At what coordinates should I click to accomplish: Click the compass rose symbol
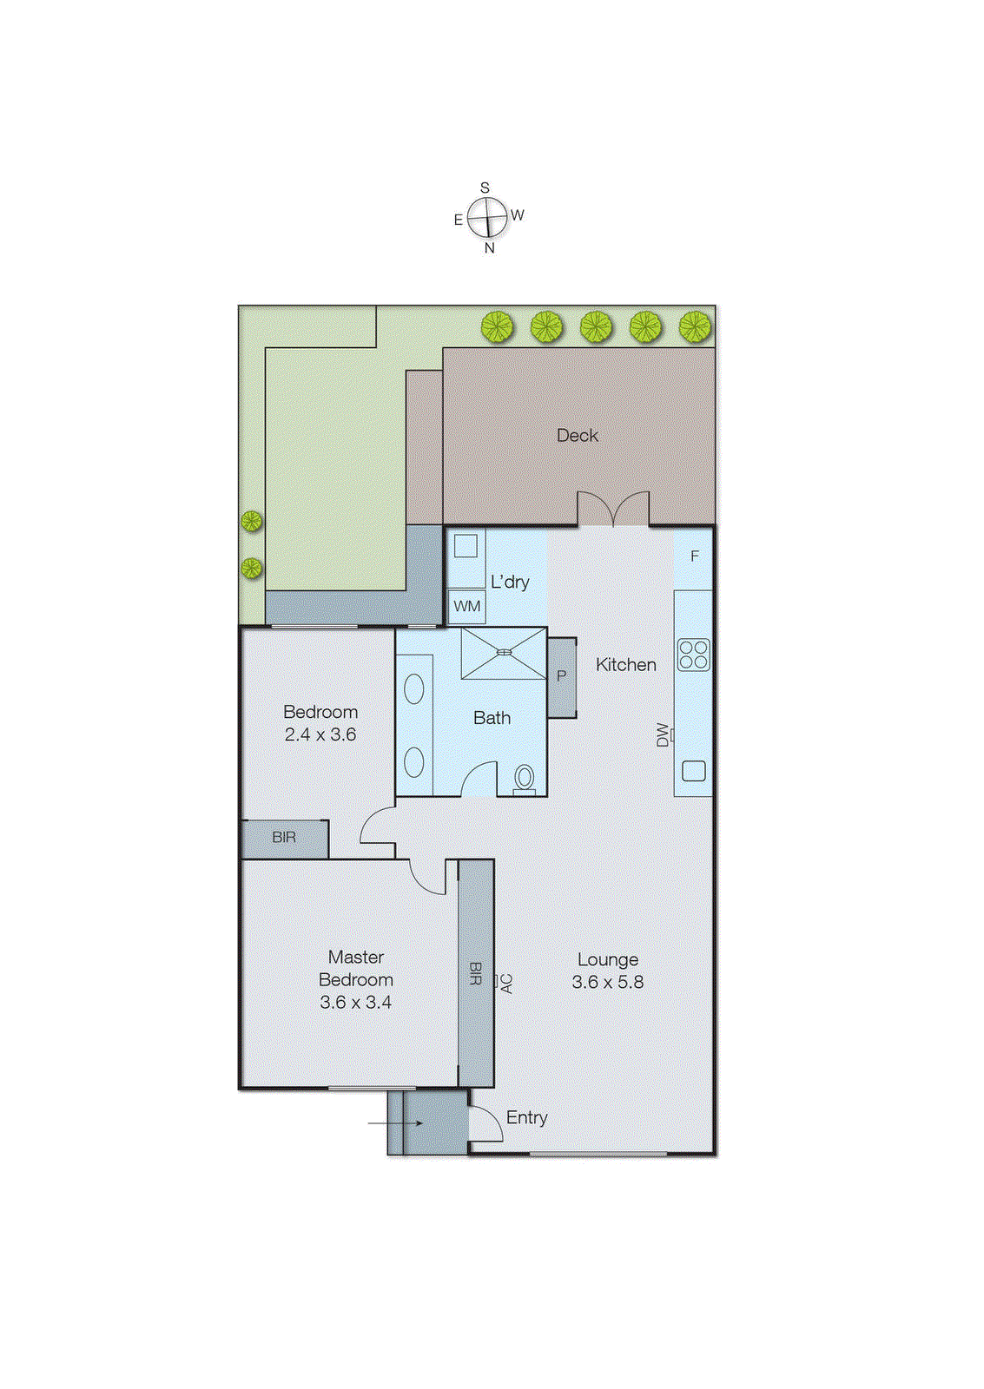(x=487, y=217)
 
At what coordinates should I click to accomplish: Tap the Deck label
(x=578, y=435)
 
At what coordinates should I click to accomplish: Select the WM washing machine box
(x=466, y=606)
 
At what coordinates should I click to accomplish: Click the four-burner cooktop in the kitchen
(x=694, y=655)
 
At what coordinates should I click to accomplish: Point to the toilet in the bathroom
(x=525, y=778)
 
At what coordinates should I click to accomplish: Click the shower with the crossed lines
(x=504, y=652)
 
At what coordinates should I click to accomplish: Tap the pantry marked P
(x=562, y=676)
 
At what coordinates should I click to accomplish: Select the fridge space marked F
(x=694, y=556)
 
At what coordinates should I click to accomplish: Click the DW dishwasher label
(x=663, y=734)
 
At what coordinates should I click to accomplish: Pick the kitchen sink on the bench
(x=694, y=770)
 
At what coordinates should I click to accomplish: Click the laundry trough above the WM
(x=466, y=546)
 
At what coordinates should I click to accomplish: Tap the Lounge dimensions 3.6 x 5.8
(x=608, y=982)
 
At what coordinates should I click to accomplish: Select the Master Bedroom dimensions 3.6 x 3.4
(x=355, y=1002)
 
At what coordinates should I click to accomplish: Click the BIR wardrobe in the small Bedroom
(x=284, y=838)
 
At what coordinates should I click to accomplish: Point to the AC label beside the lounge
(x=507, y=983)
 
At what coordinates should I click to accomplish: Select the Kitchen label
(x=625, y=664)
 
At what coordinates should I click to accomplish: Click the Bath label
(x=492, y=718)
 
